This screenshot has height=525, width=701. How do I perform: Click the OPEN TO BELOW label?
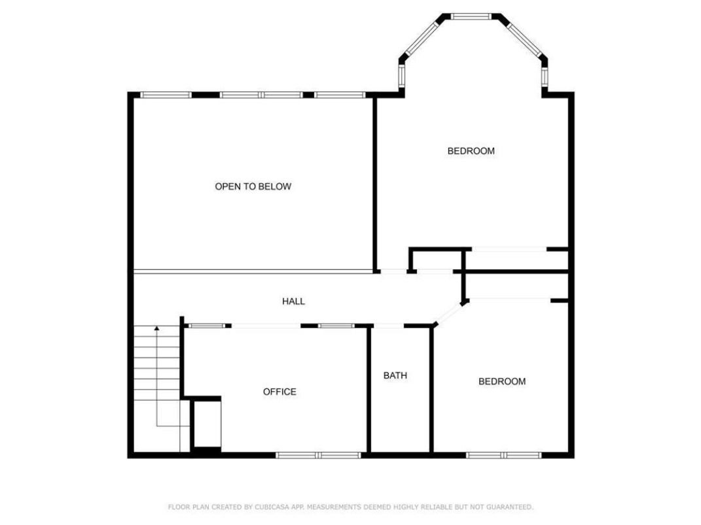[x=253, y=186]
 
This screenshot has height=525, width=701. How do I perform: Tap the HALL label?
[x=293, y=301]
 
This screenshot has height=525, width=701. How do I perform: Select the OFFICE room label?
[x=279, y=392]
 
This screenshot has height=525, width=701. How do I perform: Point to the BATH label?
[x=395, y=375]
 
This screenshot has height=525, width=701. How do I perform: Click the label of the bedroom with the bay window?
[x=471, y=151]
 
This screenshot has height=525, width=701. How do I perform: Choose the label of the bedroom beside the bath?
[x=502, y=381]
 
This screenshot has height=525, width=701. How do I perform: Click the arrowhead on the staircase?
[x=156, y=329]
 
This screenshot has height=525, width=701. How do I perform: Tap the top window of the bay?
[x=471, y=16]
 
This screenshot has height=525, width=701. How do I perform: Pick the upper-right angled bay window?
[x=524, y=39]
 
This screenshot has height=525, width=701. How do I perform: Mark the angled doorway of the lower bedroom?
[x=448, y=313]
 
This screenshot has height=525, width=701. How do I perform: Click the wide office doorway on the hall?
[x=266, y=326]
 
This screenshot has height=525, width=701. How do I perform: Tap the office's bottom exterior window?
[x=318, y=455]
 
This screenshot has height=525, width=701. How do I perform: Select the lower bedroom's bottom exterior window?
[x=504, y=455]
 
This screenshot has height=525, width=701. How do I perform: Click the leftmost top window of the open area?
[x=166, y=95]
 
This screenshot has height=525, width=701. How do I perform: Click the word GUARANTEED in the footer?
[x=510, y=507]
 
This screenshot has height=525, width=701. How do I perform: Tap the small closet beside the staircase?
[x=207, y=424]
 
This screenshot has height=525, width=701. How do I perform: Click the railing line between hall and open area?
[x=253, y=271]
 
